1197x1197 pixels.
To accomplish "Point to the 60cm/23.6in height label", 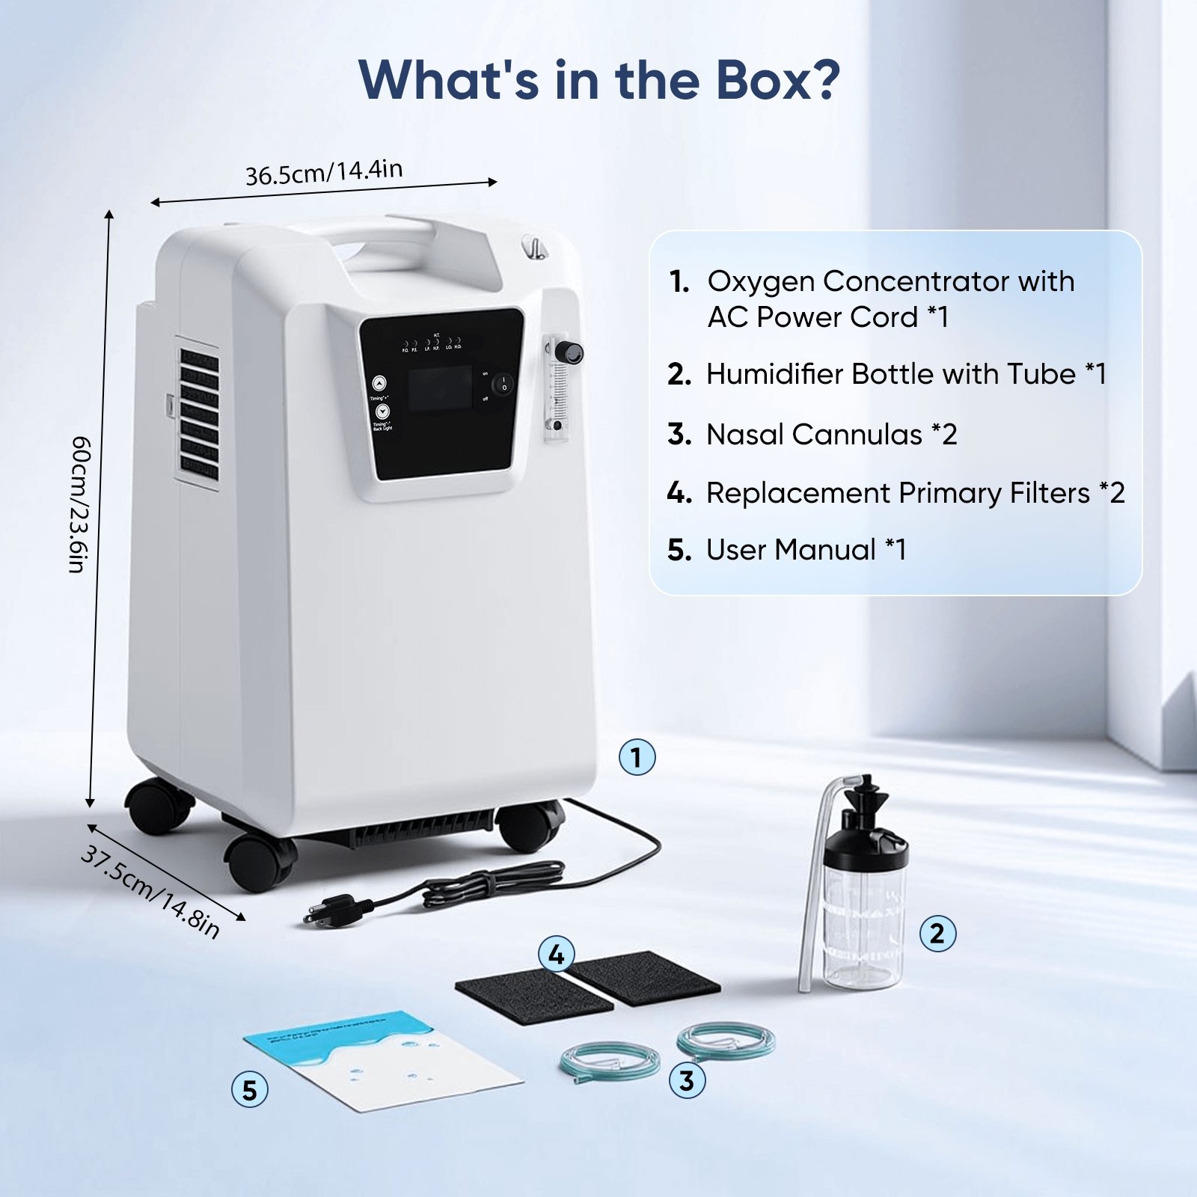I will click(80, 504).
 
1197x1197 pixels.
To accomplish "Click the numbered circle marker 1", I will click(637, 757).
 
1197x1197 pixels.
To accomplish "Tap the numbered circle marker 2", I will click(937, 933).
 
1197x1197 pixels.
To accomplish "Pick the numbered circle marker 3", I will click(687, 1080).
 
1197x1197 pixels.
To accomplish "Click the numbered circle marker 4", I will click(556, 954).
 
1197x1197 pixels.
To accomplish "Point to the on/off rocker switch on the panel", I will click(503, 384).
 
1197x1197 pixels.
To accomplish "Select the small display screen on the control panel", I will click(439, 389).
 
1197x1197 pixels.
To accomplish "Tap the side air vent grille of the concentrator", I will click(199, 415).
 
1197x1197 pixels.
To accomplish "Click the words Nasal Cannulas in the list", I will click(814, 435).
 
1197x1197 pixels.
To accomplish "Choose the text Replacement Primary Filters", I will click(898, 493).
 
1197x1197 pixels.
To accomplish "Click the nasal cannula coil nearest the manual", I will click(610, 1061).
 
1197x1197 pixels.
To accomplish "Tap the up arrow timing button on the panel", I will click(379, 383).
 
